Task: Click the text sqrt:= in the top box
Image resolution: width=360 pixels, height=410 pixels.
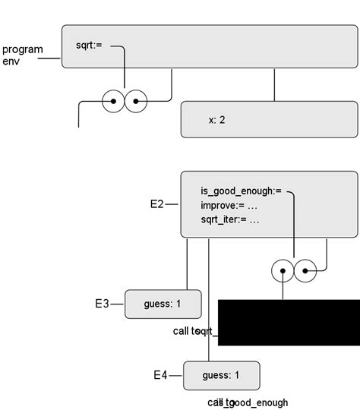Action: coord(88,46)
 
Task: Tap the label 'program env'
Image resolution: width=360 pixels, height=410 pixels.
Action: coord(22,55)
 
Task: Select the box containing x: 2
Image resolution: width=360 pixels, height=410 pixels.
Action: coord(269,119)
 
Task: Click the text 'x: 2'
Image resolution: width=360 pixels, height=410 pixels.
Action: coord(216,120)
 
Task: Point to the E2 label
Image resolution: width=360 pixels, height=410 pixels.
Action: coord(157,204)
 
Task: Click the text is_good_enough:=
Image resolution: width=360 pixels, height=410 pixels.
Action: coord(241,191)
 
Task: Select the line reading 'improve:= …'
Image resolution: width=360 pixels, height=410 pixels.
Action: coord(230,205)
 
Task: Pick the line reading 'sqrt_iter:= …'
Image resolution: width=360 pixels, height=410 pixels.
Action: coord(230,219)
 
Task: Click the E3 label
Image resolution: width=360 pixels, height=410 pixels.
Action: coord(102,304)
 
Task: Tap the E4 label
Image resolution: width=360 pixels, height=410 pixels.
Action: coord(160,375)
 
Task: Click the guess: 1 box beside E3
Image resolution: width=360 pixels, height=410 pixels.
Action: coord(163,304)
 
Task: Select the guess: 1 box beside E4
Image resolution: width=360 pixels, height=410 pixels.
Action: coord(221,375)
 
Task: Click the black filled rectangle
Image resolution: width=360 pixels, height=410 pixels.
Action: coord(289,322)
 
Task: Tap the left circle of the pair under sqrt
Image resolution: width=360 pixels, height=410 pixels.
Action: coord(114,100)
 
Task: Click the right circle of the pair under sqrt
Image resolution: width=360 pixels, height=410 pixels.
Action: coord(136,100)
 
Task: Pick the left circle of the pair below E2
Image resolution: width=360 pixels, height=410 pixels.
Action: coord(283,270)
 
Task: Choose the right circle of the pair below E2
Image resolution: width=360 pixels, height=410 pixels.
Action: coord(305,270)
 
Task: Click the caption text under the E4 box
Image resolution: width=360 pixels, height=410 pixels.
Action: coord(248,402)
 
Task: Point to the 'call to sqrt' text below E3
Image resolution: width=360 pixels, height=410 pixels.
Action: coord(195,331)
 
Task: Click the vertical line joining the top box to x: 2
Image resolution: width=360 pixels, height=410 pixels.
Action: coord(275,86)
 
